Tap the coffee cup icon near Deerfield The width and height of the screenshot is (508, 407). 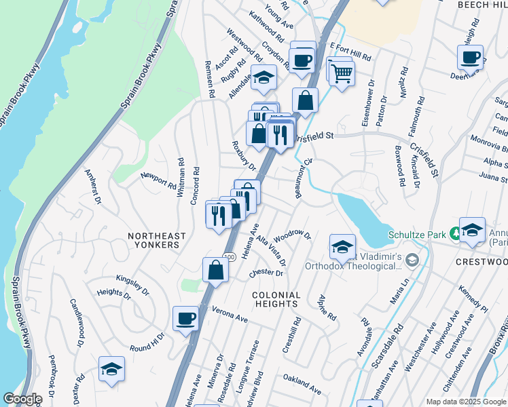click(470, 58)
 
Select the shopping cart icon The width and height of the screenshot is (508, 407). click(342, 72)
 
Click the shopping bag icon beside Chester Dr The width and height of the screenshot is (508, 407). click(215, 269)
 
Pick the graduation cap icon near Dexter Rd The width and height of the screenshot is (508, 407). click(111, 370)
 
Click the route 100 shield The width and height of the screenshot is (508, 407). click(230, 256)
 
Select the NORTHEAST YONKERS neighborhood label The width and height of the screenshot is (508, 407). click(156, 239)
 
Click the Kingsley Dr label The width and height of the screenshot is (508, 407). click(132, 285)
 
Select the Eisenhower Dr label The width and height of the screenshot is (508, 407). click(367, 107)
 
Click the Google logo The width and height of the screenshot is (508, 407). click(22, 399)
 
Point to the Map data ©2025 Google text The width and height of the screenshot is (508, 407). click(465, 402)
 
